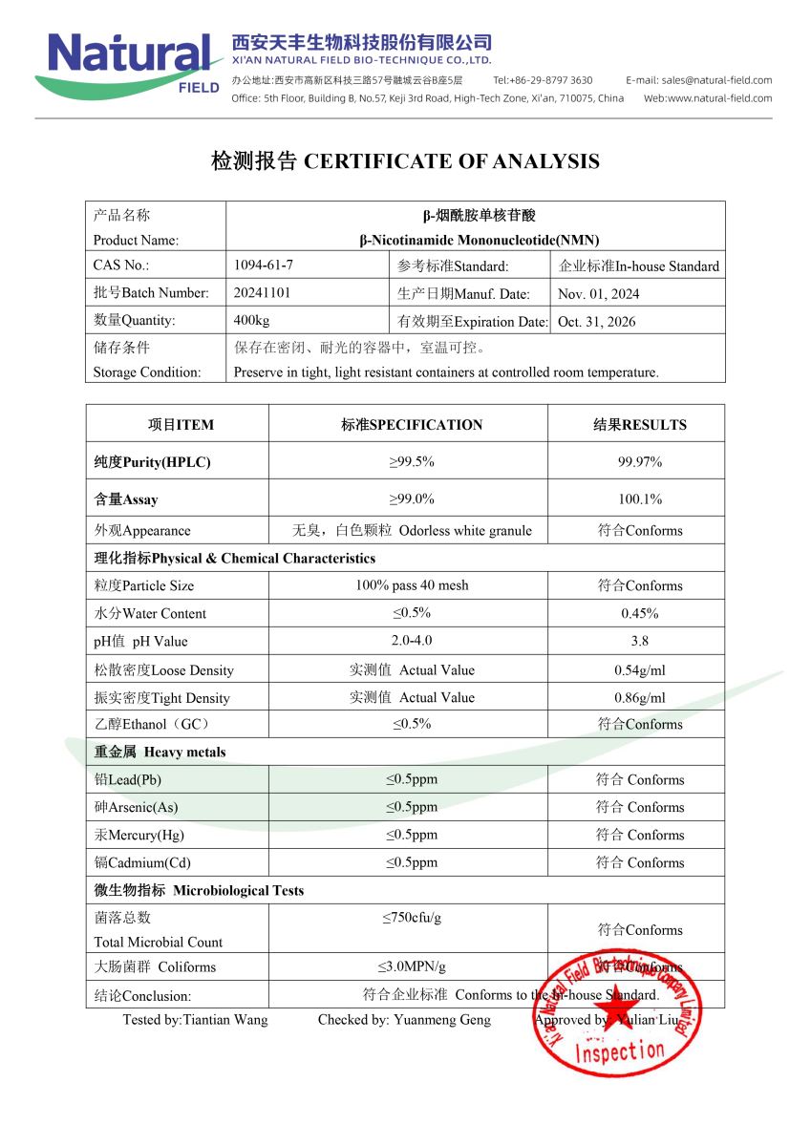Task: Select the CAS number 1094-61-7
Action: pyautogui.click(x=264, y=266)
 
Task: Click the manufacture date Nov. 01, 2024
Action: pyautogui.click(x=598, y=294)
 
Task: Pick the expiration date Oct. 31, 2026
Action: pyautogui.click(x=596, y=322)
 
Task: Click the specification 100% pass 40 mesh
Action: pyautogui.click(x=412, y=585)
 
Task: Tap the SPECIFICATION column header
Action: pyautogui.click(x=412, y=425)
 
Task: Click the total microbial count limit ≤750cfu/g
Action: pyautogui.click(x=412, y=919)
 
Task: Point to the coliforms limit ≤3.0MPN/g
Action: pyautogui.click(x=412, y=966)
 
